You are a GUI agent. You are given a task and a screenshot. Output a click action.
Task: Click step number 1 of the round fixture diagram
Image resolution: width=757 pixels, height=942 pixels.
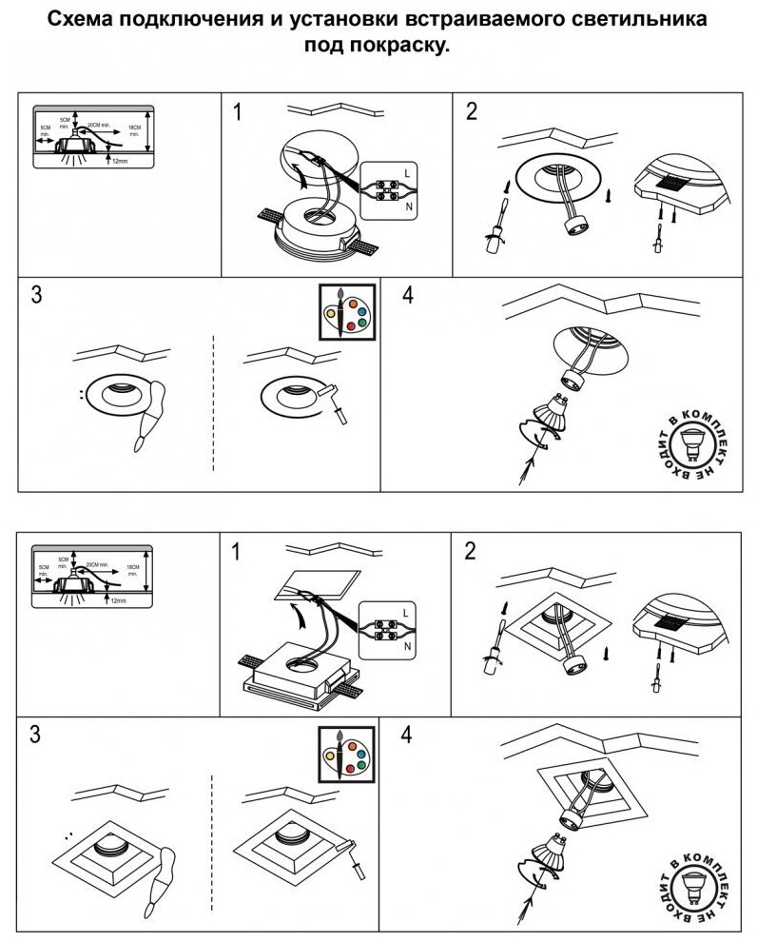238,112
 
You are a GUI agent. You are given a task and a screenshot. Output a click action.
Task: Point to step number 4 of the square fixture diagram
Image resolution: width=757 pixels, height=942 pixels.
408,735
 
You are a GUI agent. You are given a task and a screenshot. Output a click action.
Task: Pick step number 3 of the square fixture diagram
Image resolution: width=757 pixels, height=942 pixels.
35,735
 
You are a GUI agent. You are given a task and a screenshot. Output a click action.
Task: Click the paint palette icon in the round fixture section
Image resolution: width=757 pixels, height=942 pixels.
347,310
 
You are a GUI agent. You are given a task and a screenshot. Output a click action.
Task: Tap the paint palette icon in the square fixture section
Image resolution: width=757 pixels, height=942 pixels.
347,752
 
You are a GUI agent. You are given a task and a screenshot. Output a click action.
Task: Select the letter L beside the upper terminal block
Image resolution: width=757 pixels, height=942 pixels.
407,172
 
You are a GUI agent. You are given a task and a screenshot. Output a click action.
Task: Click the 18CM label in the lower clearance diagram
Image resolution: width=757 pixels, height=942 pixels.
134,566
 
